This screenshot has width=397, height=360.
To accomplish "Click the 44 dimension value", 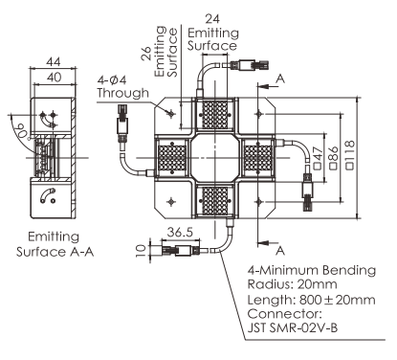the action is coord(53,61).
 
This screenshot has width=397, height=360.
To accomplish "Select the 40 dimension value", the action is coord(54,78).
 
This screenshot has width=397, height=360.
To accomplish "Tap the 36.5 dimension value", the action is coord(180,233).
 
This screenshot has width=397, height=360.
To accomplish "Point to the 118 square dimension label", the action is coord(350,155).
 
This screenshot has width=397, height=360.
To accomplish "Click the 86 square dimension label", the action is coord(334,158).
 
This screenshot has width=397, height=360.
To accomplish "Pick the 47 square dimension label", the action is coord(318,158).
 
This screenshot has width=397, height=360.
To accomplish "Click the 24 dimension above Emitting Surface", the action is coord(212,19).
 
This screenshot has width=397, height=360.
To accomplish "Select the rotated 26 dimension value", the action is coord(146,54).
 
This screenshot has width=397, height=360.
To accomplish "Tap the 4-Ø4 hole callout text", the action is coord(112,79).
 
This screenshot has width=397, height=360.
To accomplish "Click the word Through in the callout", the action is coord(123,93).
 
